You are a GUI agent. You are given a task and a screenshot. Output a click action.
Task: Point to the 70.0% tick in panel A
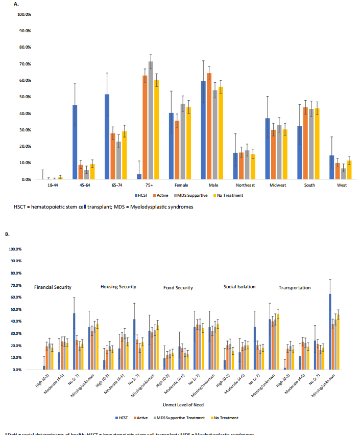[24, 64]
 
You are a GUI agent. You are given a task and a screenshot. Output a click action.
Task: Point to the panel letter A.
[16, 4]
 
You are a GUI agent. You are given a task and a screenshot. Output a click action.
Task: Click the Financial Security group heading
[53, 287]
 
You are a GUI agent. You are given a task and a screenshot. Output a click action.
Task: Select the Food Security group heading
[178, 288]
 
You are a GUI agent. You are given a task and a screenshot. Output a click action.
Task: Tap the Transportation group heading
[295, 288]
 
